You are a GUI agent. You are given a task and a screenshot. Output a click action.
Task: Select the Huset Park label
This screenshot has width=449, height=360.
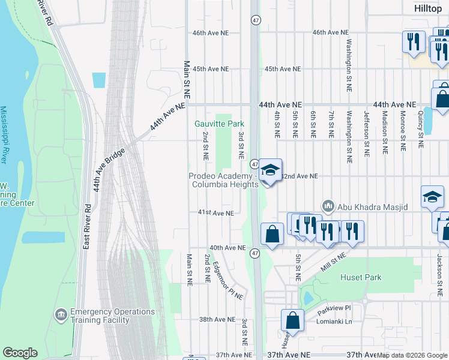[x=361, y=278]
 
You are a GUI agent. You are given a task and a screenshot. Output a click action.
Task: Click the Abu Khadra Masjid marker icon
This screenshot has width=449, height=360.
[x=328, y=207]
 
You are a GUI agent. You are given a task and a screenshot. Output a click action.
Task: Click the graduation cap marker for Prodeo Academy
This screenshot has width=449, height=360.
[x=271, y=171]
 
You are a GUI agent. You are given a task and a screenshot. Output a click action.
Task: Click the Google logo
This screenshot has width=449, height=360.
[x=20, y=353]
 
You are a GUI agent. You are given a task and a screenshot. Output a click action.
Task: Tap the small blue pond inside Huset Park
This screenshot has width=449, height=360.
[x=308, y=298]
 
